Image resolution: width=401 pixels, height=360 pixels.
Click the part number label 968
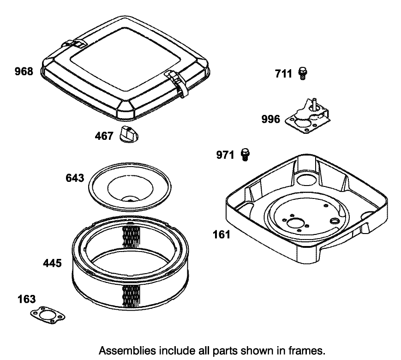click(24, 72)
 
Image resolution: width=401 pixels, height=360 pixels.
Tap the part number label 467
click(104, 137)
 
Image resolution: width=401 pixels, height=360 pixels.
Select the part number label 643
click(75, 178)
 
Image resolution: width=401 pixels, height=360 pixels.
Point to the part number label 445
click(52, 263)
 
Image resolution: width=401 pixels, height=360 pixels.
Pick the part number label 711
click(284, 73)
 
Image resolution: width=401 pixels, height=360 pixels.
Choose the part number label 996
click(270, 119)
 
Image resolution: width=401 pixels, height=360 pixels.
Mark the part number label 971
click(226, 155)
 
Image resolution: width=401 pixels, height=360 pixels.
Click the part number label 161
click(221, 235)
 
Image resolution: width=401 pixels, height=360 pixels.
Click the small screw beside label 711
click(303, 73)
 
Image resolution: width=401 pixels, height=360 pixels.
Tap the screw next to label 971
click(245, 154)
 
